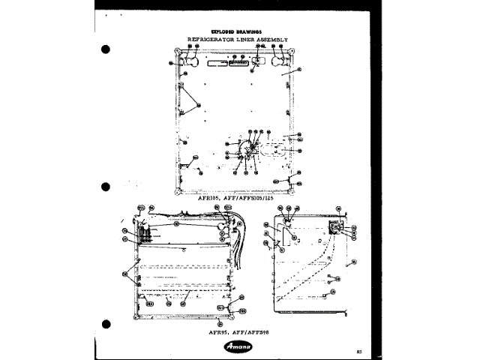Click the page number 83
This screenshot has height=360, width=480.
360,350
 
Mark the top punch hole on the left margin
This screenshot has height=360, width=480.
106,51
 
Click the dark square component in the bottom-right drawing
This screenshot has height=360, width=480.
335,226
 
